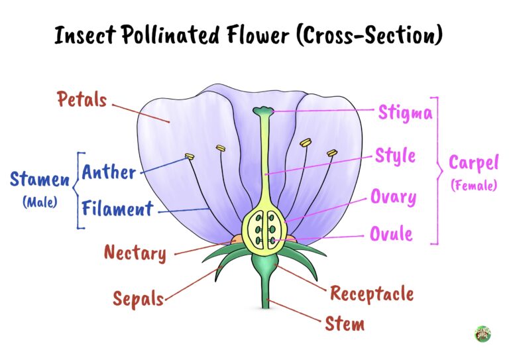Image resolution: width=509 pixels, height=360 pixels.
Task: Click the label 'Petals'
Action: tap(82, 100)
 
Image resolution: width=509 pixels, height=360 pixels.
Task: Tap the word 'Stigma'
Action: tap(405, 112)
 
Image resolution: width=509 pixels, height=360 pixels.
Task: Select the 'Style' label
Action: tap(396, 156)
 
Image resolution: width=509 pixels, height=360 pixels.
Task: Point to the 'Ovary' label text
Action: tap(393, 197)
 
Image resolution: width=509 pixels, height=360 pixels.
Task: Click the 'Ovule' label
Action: tap(391, 233)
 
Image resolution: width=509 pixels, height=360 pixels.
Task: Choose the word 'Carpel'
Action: tap(473, 163)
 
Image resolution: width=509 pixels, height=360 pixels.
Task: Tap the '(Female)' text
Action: tap(473, 186)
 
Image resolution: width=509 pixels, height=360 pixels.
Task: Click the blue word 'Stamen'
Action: tap(39, 179)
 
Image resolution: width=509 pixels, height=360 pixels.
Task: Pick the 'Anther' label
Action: tap(109, 173)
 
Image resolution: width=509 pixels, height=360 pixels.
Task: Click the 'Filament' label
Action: tap(117, 210)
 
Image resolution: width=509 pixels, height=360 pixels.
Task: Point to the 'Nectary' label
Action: tap(135, 253)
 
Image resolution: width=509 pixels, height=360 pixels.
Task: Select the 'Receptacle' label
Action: tap(371, 293)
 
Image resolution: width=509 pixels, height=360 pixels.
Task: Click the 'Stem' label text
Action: tap(344, 324)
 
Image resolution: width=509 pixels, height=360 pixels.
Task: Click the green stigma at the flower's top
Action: tap(264, 111)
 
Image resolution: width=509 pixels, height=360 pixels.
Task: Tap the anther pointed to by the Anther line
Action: tap(189, 157)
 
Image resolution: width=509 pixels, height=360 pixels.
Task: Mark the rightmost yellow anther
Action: tap(331, 153)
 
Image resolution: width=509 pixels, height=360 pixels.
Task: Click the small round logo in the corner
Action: tap(482, 333)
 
